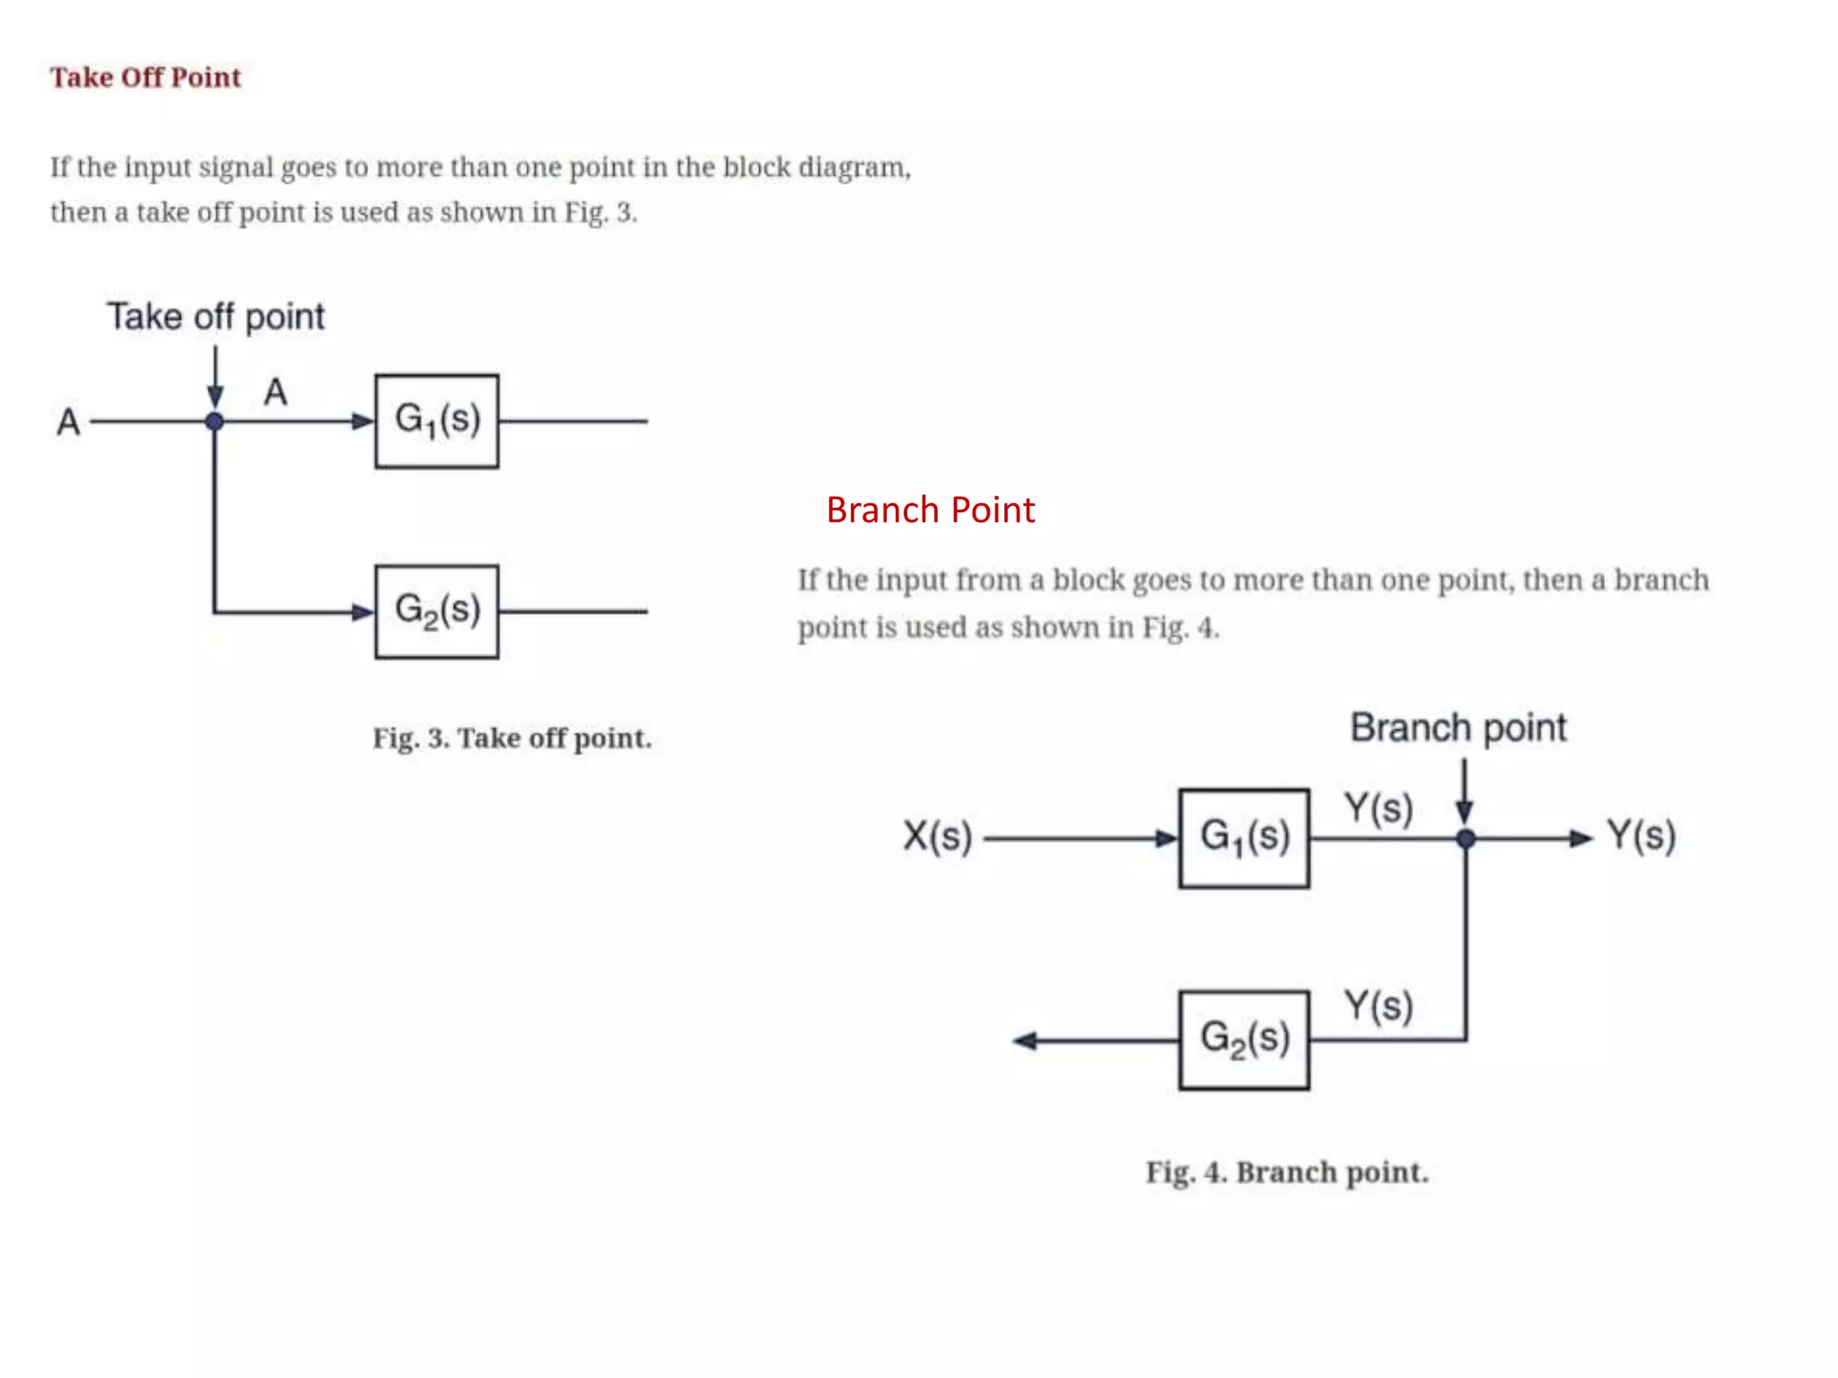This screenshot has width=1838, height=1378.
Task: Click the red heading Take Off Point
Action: click(x=145, y=77)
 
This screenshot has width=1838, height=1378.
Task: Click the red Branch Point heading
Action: click(x=930, y=510)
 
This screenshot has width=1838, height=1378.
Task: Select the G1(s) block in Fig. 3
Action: click(x=437, y=421)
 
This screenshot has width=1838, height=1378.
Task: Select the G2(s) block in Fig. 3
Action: click(x=437, y=612)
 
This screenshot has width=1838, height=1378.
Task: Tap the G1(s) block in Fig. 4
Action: click(x=1244, y=838)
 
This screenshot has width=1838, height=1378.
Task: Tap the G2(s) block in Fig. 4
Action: click(x=1244, y=1040)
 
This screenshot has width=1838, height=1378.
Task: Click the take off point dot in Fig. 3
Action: click(x=214, y=421)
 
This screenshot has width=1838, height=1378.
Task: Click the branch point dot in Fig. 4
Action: click(x=1466, y=839)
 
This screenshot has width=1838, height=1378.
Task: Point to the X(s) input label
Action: click(x=937, y=836)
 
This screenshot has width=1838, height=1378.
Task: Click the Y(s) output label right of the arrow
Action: click(x=1641, y=836)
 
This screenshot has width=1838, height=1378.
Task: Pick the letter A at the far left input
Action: click(x=68, y=422)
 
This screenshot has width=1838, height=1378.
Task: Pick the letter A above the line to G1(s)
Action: click(x=276, y=392)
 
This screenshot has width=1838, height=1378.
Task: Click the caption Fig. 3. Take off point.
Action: click(x=512, y=738)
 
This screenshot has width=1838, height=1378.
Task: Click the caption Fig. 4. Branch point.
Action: click(x=1287, y=1173)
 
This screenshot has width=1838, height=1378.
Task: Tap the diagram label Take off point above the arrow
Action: click(x=215, y=317)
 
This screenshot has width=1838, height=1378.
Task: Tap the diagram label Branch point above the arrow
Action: click(x=1458, y=728)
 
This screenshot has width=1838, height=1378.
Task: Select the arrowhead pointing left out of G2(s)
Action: click(x=1026, y=1041)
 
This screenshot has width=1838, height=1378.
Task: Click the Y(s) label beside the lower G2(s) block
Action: click(x=1378, y=1006)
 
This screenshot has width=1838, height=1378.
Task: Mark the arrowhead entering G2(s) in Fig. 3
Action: click(x=363, y=613)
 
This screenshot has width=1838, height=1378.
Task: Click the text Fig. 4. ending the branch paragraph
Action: click(x=1180, y=627)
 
